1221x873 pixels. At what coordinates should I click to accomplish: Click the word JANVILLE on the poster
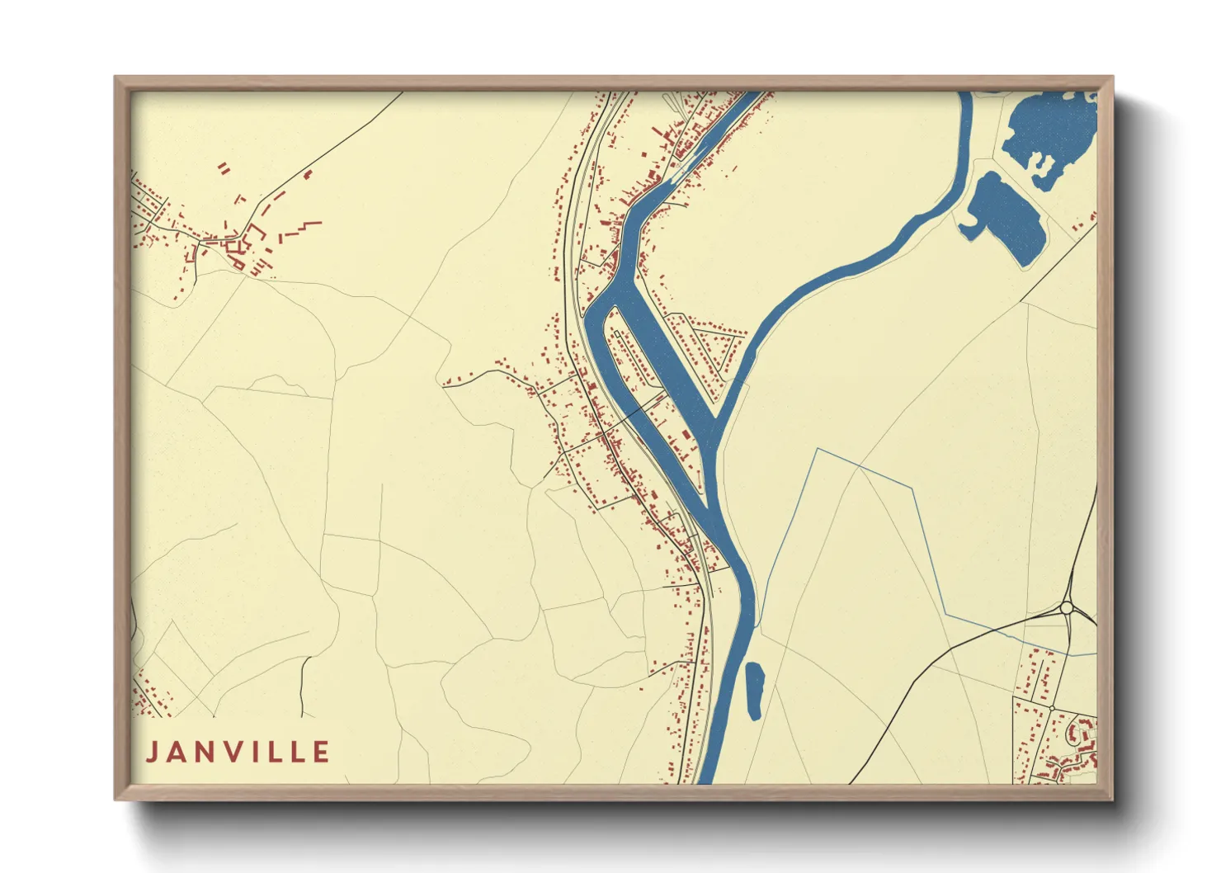[238, 752]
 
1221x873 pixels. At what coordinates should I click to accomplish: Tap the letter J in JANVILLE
[152, 752]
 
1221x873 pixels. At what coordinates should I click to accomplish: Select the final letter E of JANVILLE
[322, 752]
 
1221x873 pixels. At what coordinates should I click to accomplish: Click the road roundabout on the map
[1066, 608]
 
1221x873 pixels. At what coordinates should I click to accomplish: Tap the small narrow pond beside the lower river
[754, 689]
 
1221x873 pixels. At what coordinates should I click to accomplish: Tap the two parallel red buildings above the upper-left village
[224, 169]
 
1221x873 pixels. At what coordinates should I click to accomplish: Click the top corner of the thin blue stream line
[817, 450]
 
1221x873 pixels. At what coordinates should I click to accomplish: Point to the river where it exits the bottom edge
[708, 776]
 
